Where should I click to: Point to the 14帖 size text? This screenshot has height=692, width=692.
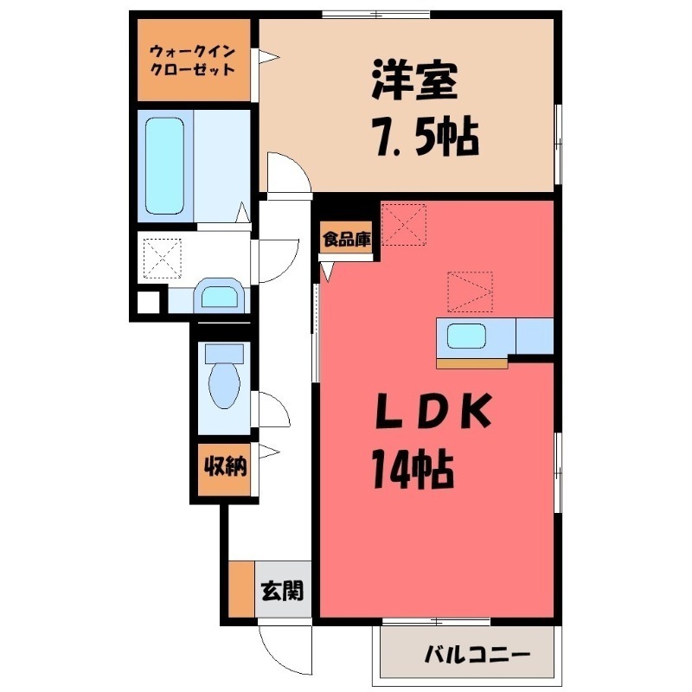[413, 468]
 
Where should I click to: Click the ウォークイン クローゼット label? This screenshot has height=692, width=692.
[192, 59]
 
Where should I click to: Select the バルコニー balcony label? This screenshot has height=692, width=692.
[476, 655]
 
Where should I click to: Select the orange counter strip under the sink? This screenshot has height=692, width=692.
[471, 362]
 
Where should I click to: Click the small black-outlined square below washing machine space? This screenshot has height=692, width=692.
[150, 304]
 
